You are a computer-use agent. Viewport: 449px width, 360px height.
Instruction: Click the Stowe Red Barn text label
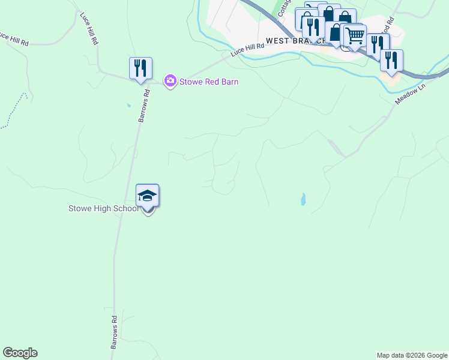pyautogui.click(x=209, y=82)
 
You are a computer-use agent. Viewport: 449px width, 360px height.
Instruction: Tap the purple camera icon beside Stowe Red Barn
pyautogui.click(x=170, y=80)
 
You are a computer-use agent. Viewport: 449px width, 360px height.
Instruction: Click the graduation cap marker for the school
pyautogui.click(x=147, y=196)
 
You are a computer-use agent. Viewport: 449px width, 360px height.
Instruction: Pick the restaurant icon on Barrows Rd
pyautogui.click(x=140, y=68)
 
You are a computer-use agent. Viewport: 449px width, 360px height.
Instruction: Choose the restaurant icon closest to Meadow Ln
pyautogui.click(x=391, y=61)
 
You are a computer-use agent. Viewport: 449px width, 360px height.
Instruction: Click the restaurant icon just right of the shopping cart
pyautogui.click(x=378, y=44)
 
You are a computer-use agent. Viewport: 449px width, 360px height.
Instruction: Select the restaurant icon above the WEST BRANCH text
pyautogui.click(x=313, y=27)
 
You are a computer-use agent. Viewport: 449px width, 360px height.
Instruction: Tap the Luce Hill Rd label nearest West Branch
pyautogui.click(x=247, y=50)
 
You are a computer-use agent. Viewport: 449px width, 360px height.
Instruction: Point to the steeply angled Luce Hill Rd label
pyautogui.click(x=89, y=28)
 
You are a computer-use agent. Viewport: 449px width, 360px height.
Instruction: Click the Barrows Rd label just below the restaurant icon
pyautogui.click(x=144, y=106)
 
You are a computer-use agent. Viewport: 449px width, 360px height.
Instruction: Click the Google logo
pyautogui.click(x=20, y=353)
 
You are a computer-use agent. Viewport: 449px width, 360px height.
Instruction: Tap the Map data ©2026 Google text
pyautogui.click(x=412, y=355)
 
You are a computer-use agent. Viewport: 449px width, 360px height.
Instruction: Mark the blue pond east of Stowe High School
pyautogui.click(x=303, y=199)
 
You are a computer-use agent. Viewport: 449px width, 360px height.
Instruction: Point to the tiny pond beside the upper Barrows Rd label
pyautogui.click(x=128, y=106)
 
